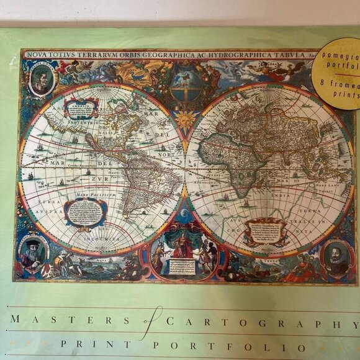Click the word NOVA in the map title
click(36, 55)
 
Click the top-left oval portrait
click(41, 79)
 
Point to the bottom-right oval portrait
click(337, 258)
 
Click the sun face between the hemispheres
click(186, 118)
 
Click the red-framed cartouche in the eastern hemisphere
click(265, 232)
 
